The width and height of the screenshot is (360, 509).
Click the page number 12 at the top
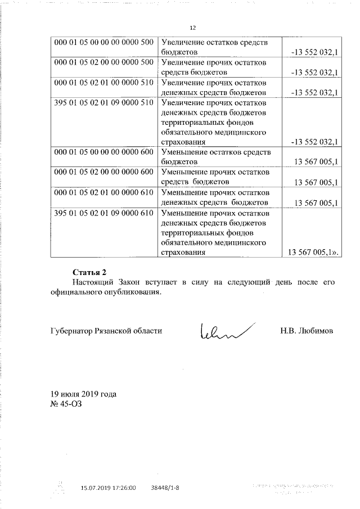coord(192,28)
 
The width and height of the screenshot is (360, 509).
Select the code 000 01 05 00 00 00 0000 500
coord(103,42)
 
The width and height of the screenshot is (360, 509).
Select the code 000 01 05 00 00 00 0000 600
coord(103,152)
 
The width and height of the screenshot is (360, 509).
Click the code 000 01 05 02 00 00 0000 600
coord(103,173)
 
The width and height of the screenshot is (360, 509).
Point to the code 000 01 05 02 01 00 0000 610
coord(103,193)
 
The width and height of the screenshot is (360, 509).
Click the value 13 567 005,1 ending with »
coord(314,253)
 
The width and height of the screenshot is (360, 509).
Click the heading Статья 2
coord(89,272)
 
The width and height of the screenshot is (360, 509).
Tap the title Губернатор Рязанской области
coord(106,331)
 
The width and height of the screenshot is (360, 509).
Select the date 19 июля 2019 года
coord(84,394)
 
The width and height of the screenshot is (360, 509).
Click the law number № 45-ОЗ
coord(66,403)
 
